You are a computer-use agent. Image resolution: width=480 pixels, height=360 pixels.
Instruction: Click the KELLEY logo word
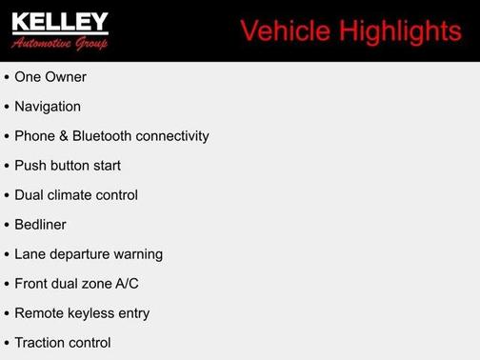tap(60, 23)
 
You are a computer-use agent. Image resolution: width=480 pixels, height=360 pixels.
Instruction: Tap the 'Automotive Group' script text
tap(60, 44)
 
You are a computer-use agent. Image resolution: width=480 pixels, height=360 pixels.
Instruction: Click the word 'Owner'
tap(67, 77)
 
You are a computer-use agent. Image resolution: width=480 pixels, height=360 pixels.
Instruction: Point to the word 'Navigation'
tap(48, 107)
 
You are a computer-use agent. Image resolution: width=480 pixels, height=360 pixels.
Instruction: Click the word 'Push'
tap(30, 166)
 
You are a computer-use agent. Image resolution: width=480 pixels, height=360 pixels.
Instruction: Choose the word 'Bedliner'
tap(40, 225)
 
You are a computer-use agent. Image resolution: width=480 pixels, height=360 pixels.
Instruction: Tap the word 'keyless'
tap(90, 313)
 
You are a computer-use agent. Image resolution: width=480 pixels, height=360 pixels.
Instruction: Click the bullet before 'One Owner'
tap(7, 77)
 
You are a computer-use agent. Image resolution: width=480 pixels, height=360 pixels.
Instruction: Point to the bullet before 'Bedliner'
tap(7, 226)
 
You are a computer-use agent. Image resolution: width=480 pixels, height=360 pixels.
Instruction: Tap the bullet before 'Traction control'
tap(7, 344)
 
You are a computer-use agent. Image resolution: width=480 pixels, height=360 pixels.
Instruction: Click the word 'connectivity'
tap(172, 136)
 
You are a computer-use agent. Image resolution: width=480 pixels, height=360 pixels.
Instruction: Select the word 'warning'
tap(137, 254)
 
